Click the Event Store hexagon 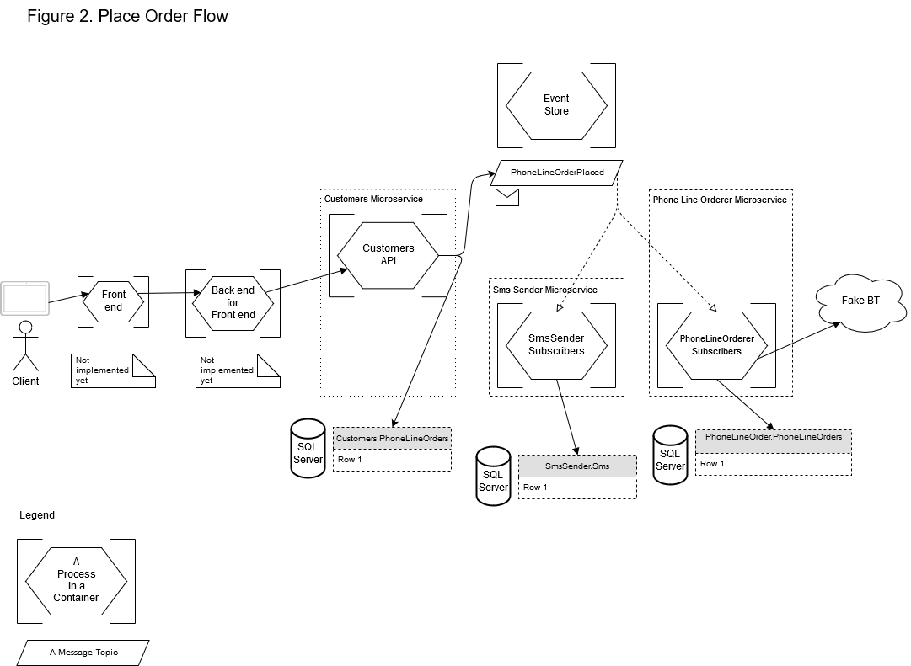pyautogui.click(x=556, y=105)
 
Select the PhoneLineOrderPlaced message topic pyautogui.click(x=557, y=173)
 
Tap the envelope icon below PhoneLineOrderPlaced pyautogui.click(x=507, y=198)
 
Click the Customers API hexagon pyautogui.click(x=388, y=255)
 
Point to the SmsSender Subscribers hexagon pyautogui.click(x=556, y=345)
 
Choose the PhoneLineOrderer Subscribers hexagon pyautogui.click(x=716, y=345)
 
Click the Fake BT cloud pyautogui.click(x=860, y=301)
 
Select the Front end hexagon pyautogui.click(x=114, y=301)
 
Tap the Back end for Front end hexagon pyautogui.click(x=233, y=302)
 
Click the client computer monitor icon pyautogui.click(x=25, y=299)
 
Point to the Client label pyautogui.click(x=25, y=381)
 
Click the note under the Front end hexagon pyautogui.click(x=113, y=370)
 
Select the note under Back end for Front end pyautogui.click(x=238, y=370)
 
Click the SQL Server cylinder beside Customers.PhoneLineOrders pyautogui.click(x=308, y=449)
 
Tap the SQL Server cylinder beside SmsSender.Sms pyautogui.click(x=493, y=477)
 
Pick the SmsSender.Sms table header pyautogui.click(x=577, y=466)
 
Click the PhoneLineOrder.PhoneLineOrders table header pyautogui.click(x=774, y=438)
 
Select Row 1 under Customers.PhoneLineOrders pyautogui.click(x=393, y=461)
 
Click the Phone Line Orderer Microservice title pyautogui.click(x=720, y=200)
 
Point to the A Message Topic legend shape pyautogui.click(x=83, y=653)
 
